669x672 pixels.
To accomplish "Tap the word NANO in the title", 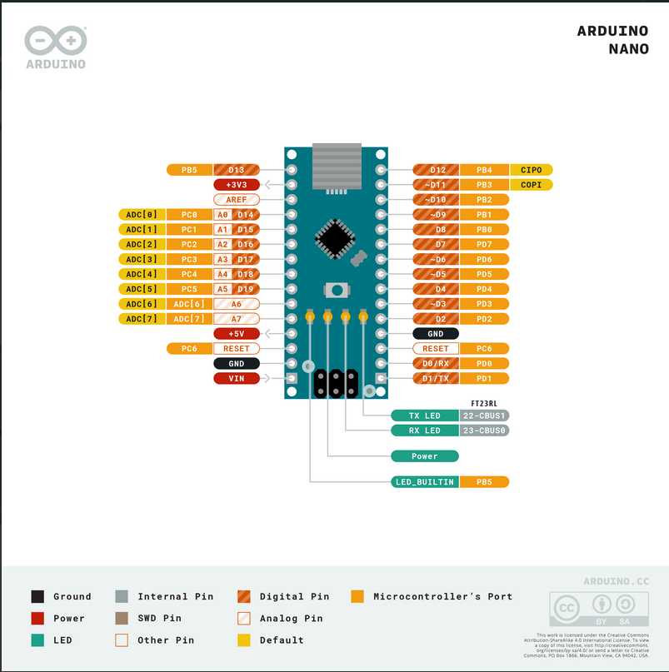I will [628, 49].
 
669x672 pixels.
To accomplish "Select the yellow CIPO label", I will [531, 170].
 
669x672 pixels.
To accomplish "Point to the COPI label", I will [531, 185].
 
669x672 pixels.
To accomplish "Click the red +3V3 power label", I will [237, 185].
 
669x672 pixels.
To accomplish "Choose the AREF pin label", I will [237, 200].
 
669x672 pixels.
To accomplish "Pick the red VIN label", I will [237, 378].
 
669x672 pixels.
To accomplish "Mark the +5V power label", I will [237, 333].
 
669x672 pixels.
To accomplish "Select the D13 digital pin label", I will [237, 170].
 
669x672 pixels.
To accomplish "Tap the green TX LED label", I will [424, 416].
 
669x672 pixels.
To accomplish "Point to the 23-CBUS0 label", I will [484, 431].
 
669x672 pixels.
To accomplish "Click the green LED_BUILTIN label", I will [424, 481].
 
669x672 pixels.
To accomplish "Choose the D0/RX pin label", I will [436, 363].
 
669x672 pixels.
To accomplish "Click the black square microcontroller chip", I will [335, 238].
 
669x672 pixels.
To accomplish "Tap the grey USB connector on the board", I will [336, 166].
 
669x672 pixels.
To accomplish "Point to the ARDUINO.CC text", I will [615, 580].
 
